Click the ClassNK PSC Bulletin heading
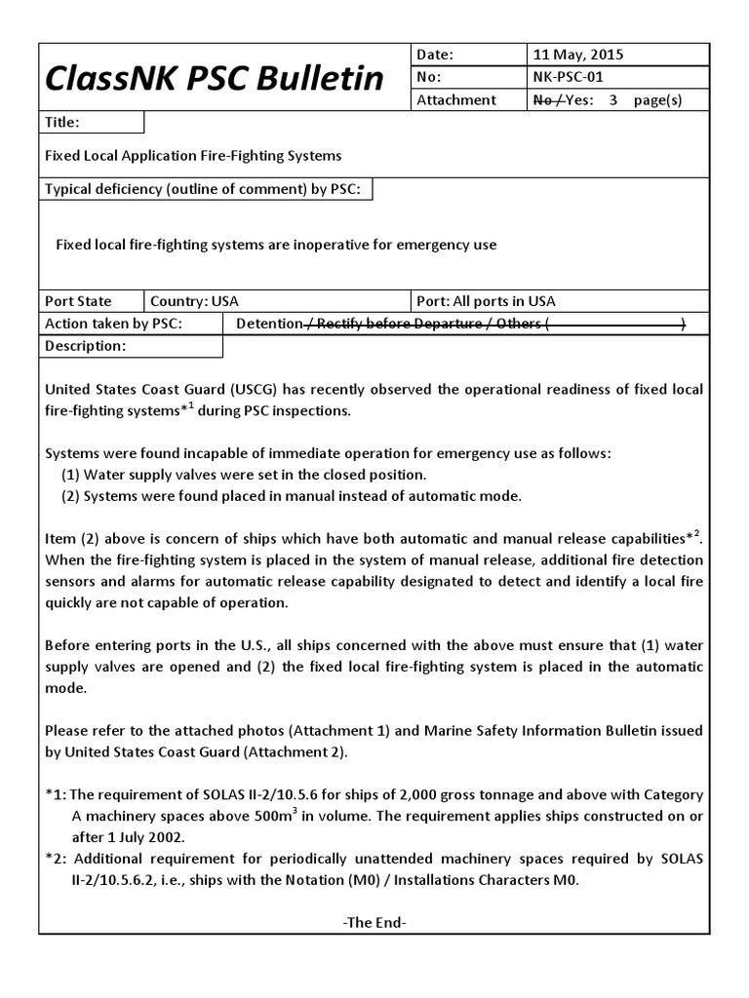pos(215,79)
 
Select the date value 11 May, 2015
pos(577,55)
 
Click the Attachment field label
pos(456,100)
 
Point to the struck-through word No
pos(545,100)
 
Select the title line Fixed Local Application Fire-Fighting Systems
pos(194,155)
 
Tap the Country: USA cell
pos(192,301)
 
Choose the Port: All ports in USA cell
pos(486,301)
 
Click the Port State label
pos(79,301)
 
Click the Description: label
pos(86,346)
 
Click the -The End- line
pos(374,921)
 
